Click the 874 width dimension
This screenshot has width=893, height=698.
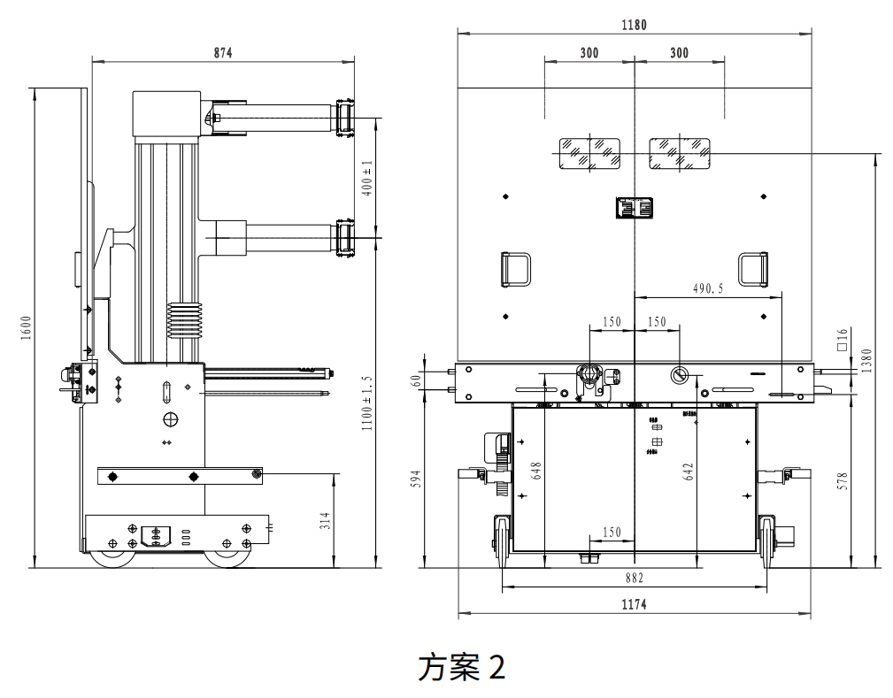(222, 53)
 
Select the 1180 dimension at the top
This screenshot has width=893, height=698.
(634, 25)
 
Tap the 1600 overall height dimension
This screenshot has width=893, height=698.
(26, 327)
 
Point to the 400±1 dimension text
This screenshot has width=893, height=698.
(367, 179)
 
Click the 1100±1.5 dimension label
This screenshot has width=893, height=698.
(367, 403)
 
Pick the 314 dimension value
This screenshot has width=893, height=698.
(325, 520)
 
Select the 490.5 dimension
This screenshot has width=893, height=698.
(708, 288)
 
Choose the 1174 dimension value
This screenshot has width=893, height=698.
(634, 605)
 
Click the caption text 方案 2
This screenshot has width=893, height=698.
(461, 667)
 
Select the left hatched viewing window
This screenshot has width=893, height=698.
(588, 153)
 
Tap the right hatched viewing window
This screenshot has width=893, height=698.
(680, 153)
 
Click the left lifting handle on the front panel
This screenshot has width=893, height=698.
(516, 269)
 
